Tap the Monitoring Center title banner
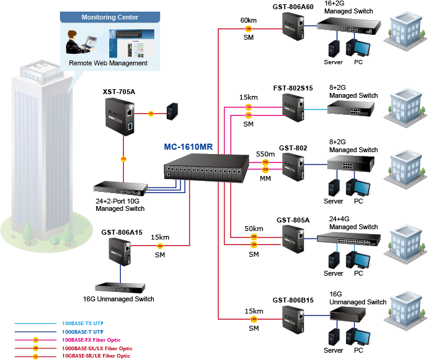tap(110, 18)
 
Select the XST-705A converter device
tap(123, 118)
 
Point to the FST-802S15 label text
tap(293, 88)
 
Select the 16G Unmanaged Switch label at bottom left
tap(118, 299)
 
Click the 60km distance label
tap(248, 20)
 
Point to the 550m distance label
tap(266, 154)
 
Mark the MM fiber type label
tap(265, 179)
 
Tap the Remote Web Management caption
tap(108, 63)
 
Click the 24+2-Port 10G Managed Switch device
tap(122, 188)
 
